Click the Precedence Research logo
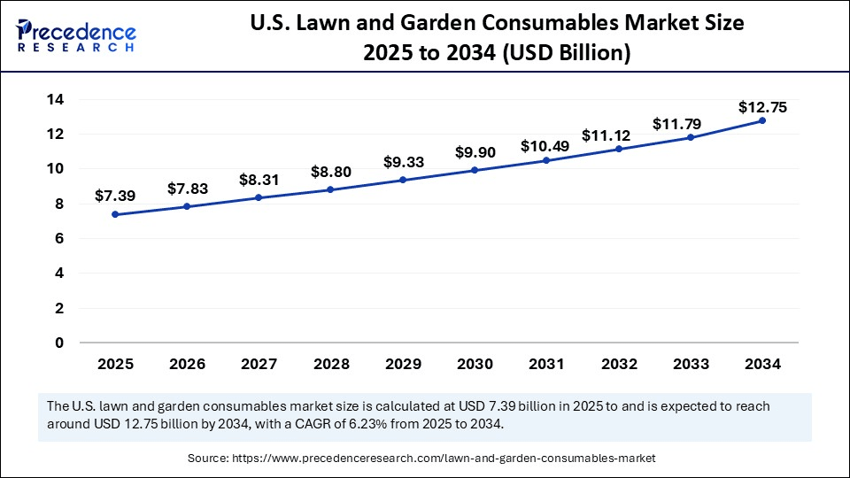pyautogui.click(x=76, y=35)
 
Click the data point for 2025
pyautogui.click(x=116, y=214)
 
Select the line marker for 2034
pyautogui.click(x=761, y=120)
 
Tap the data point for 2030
pyautogui.click(x=475, y=170)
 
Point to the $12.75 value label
pyautogui.click(x=761, y=107)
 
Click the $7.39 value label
pyautogui.click(x=116, y=195)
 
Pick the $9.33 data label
pyautogui.click(x=403, y=162)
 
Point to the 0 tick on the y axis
pyautogui.click(x=59, y=343)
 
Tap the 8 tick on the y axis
pyautogui.click(x=59, y=204)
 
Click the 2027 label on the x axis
pyautogui.click(x=259, y=363)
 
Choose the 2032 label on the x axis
pyautogui.click(x=618, y=363)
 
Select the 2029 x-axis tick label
pyautogui.click(x=403, y=363)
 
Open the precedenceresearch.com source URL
pyautogui.click(x=443, y=458)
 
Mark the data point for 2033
pyautogui.click(x=690, y=137)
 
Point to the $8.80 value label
pyautogui.click(x=331, y=170)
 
